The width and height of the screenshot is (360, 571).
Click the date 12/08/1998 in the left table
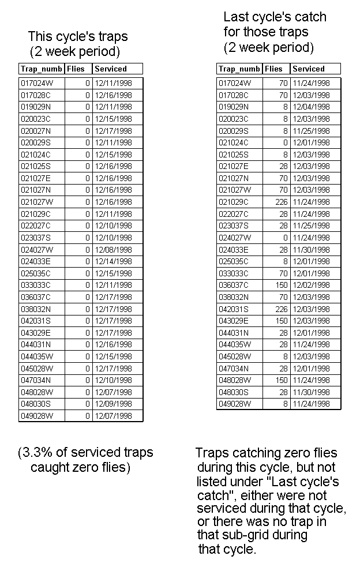click(113, 250)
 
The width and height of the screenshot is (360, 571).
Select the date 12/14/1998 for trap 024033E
click(113, 261)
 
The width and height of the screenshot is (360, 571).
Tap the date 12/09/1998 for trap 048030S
click(113, 404)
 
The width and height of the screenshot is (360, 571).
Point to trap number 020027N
click(36, 131)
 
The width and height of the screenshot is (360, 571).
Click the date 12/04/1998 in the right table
click(311, 107)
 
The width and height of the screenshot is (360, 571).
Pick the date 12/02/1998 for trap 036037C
click(311, 285)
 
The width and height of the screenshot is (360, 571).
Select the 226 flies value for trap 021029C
click(280, 202)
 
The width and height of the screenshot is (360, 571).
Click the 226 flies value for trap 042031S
click(280, 309)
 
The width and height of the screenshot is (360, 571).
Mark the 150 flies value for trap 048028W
click(280, 380)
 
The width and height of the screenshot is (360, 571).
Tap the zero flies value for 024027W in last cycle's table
click(284, 238)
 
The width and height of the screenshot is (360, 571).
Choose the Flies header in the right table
click(273, 69)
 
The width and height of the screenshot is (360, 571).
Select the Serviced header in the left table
click(111, 69)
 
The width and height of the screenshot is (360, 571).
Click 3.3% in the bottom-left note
click(37, 453)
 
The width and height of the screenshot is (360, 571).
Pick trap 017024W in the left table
click(37, 84)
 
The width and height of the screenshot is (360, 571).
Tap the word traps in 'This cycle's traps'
click(111, 37)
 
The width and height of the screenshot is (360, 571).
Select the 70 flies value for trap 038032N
click(282, 297)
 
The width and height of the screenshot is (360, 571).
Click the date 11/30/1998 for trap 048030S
click(311, 392)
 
